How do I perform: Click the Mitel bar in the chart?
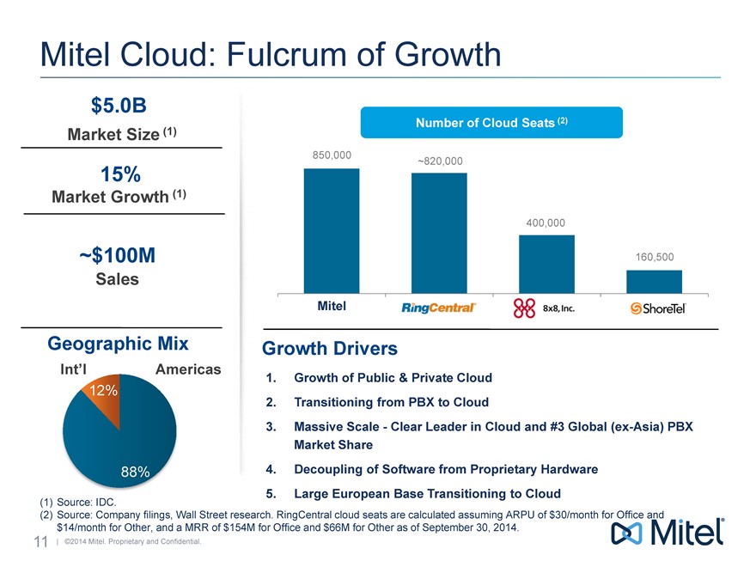point(332,230)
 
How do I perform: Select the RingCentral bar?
point(439,233)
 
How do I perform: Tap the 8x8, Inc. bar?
point(546,264)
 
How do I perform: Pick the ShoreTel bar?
point(654,282)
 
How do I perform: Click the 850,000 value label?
point(331,155)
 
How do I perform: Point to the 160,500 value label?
point(654,257)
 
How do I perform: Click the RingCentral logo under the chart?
point(439,308)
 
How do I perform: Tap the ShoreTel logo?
point(658,308)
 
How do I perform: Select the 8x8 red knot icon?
point(524,308)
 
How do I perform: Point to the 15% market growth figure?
point(120,174)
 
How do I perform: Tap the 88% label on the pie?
point(135,471)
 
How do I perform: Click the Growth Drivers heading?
point(329,349)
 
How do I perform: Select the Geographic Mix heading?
point(118,344)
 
